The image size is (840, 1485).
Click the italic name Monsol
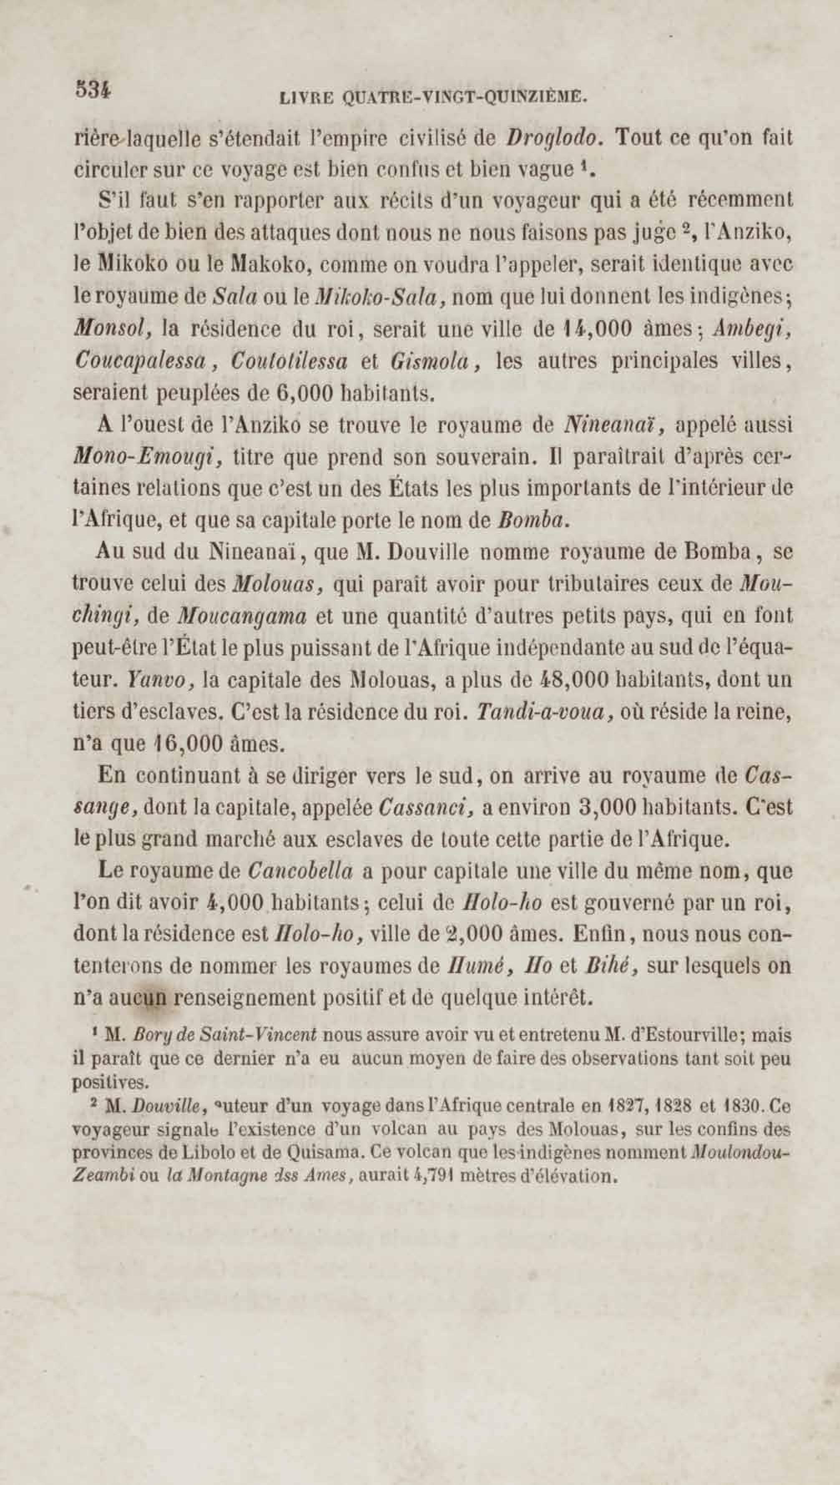coord(113,329)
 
